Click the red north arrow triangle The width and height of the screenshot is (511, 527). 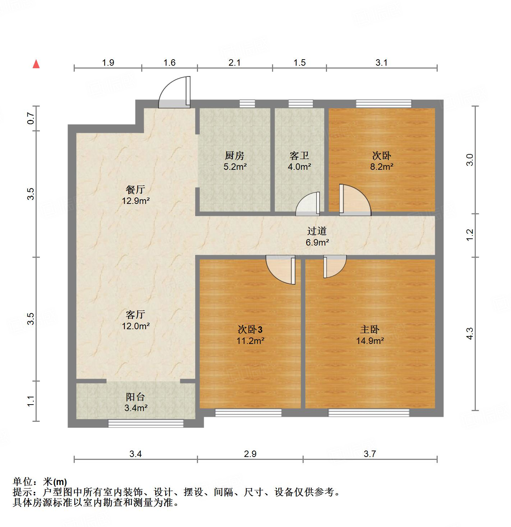tap(36, 64)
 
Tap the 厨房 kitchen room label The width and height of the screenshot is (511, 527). tap(234, 156)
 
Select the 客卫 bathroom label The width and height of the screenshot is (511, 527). tap(299, 156)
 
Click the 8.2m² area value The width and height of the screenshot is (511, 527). tap(382, 167)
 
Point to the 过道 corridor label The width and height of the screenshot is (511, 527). tap(317, 231)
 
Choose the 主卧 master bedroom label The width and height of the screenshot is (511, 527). tap(370, 329)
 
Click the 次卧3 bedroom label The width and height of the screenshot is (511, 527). tap(250, 329)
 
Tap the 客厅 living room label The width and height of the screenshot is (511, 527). tap(135, 314)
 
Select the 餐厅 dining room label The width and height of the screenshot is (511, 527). tap(135, 189)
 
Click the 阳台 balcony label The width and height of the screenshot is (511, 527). tap(135, 397)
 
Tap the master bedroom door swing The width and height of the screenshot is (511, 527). tap(334, 266)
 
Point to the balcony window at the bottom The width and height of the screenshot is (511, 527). tap(146, 423)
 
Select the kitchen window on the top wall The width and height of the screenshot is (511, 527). tap(247, 104)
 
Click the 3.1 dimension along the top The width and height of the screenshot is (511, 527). tap(382, 63)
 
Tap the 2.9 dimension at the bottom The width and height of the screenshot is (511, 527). tap(250, 454)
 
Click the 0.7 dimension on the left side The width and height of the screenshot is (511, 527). tap(31, 118)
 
